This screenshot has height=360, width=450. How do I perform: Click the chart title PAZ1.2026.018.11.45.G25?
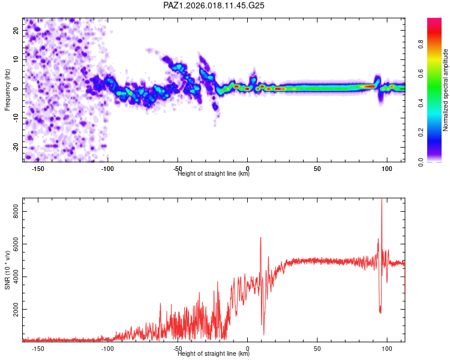click(x=214, y=5)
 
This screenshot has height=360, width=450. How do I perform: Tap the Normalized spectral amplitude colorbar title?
click(x=445, y=90)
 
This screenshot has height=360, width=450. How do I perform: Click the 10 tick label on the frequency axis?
click(x=16, y=59)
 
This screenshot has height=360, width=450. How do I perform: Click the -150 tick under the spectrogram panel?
click(x=38, y=169)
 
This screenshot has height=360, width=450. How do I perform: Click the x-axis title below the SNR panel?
click(x=214, y=354)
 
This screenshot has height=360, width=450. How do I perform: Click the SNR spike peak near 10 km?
click(x=260, y=238)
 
